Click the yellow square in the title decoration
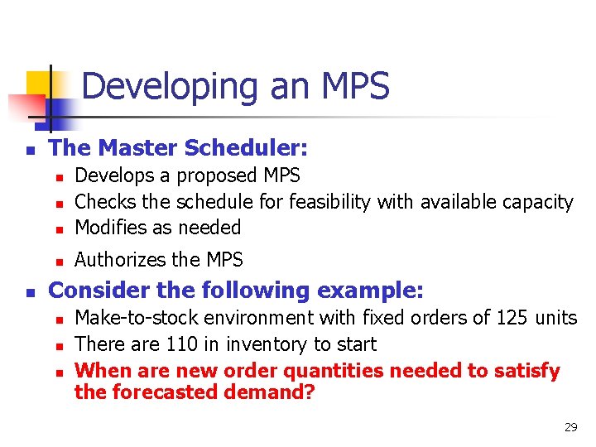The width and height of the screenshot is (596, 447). pyautogui.click(x=41, y=84)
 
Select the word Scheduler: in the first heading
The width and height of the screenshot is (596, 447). pyautogui.click(x=257, y=148)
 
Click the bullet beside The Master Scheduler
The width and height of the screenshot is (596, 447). pyautogui.click(x=29, y=151)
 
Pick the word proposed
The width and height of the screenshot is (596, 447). pyautogui.click(x=219, y=175)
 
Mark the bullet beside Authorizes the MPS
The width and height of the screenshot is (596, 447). pyautogui.click(x=60, y=262)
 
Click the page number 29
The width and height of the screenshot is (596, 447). pyautogui.click(x=570, y=428)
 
